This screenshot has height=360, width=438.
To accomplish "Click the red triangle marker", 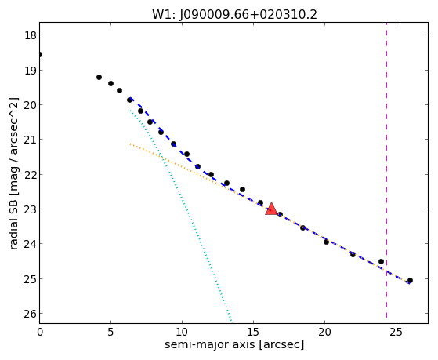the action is point(271,209).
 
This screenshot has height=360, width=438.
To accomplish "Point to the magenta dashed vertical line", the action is point(386,170).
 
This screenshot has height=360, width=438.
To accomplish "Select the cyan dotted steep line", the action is point(180,215).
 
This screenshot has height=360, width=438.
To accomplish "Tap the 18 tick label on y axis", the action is point(30,35).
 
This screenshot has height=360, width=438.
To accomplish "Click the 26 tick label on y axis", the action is point(30,314).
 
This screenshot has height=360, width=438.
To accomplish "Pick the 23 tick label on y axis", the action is point(30,209).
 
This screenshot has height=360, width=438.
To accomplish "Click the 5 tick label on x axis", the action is point(111,332).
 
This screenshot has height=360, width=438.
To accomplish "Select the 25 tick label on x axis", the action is point(396,332).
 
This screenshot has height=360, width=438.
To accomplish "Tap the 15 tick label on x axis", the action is point(253,332).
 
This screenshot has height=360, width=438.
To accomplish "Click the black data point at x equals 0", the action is point(40,55).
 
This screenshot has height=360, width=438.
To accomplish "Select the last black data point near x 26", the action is point(410,280).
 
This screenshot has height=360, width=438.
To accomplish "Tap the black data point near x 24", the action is point(381,261).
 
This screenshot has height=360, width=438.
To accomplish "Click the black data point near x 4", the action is point(99,77).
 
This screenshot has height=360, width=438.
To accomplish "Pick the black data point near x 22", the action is point(353,254).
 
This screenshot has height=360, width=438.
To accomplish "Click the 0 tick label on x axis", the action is point(40,332).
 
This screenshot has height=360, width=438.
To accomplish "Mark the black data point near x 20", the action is point(326,242).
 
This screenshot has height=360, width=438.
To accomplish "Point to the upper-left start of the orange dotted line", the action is point(130,144).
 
